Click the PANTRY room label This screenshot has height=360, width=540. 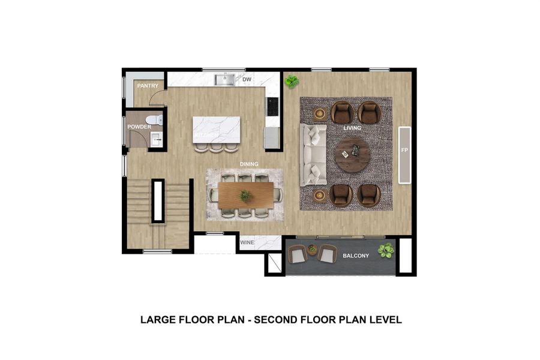[x=148, y=86]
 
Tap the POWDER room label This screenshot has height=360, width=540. [x=139, y=127]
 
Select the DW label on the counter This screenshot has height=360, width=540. [x=246, y=79]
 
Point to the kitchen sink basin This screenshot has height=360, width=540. [x=224, y=79]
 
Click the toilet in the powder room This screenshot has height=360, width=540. [x=155, y=120]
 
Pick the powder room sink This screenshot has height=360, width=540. [x=156, y=140]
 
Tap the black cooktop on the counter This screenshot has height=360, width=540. [x=272, y=106]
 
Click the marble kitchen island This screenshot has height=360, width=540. [x=216, y=129]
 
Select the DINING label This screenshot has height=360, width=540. [x=249, y=163]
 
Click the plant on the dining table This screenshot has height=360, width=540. [x=245, y=195]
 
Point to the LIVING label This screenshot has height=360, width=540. [x=352, y=128]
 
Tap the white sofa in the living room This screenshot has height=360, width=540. [x=314, y=154]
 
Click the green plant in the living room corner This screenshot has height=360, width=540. [x=292, y=81]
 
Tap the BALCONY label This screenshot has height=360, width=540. [x=355, y=256]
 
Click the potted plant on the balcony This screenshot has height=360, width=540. [x=385, y=250]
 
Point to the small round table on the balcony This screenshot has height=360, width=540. [x=312, y=249]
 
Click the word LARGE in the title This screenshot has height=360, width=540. [x=158, y=320]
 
